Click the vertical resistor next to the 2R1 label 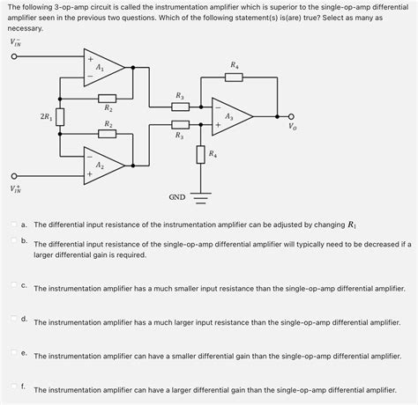(x=60, y=117)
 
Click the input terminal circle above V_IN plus (x=14, y=174)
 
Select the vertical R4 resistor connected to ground (x=200, y=156)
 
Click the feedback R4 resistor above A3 (x=234, y=77)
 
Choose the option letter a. (x=25, y=225)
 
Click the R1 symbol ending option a (x=352, y=225)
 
